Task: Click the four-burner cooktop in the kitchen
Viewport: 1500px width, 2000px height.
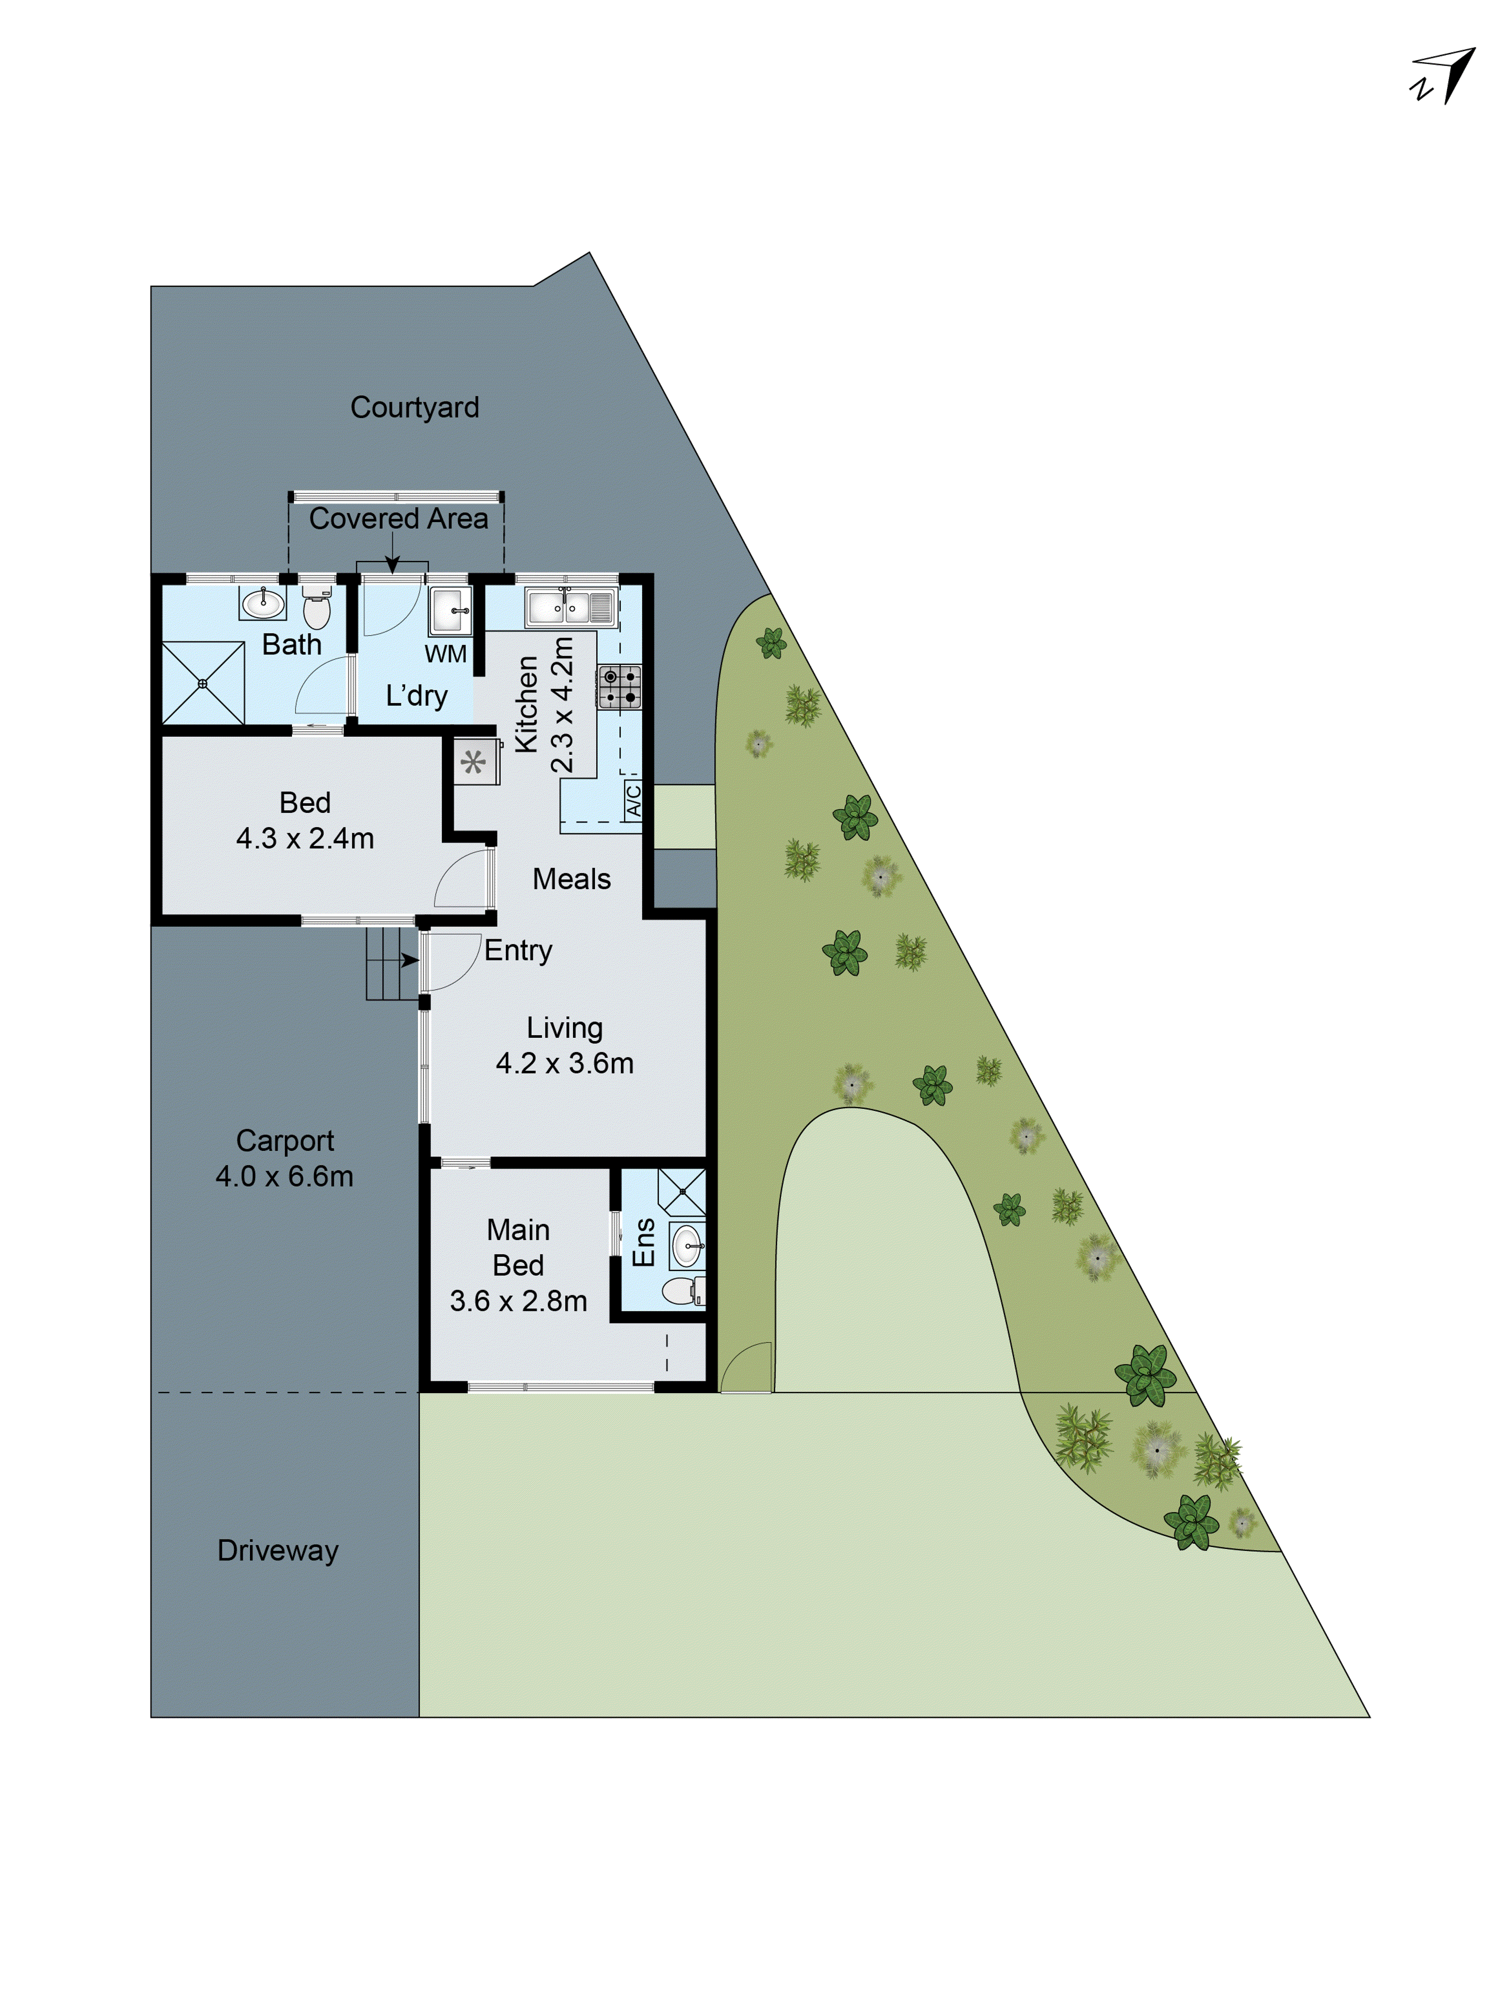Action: [619, 686]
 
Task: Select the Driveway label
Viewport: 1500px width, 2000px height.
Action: [277, 1550]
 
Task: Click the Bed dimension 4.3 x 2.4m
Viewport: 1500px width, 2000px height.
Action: [304, 838]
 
